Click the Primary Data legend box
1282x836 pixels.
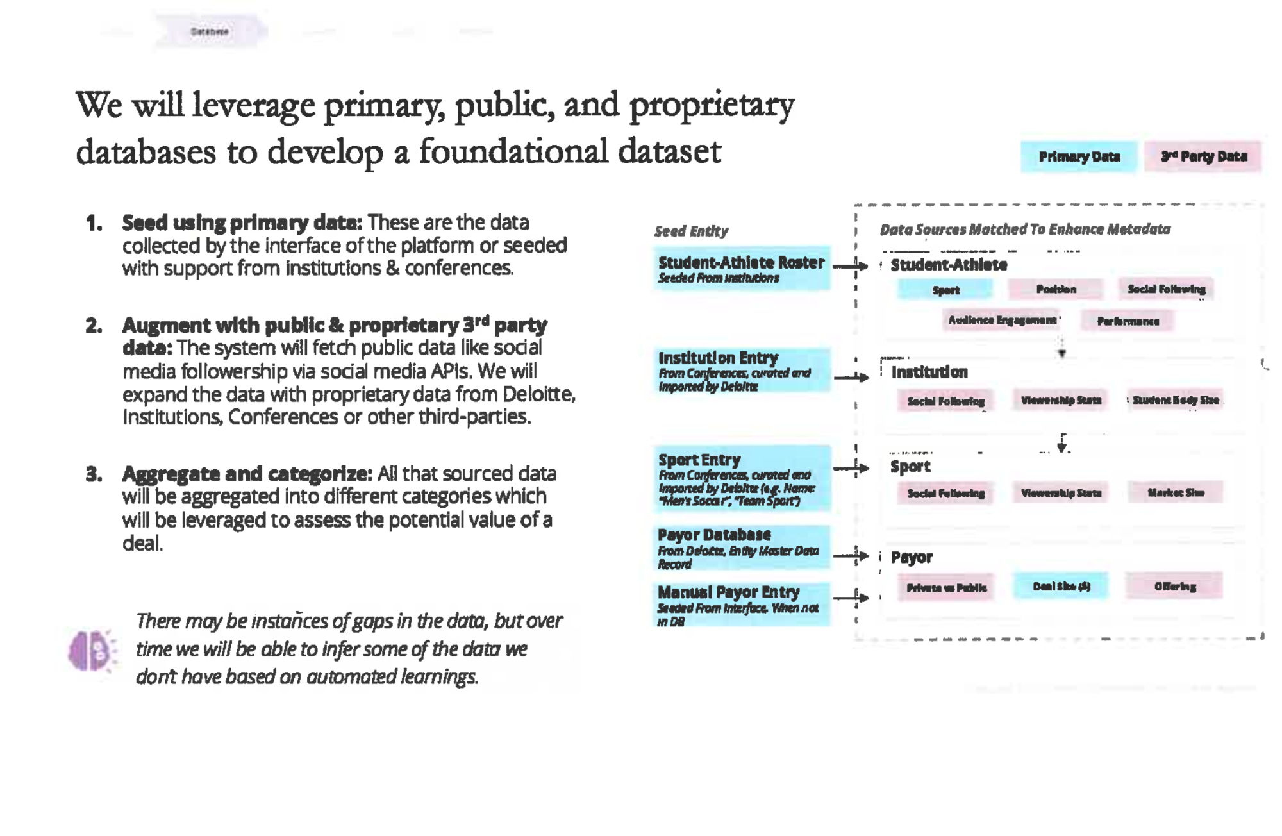1079,156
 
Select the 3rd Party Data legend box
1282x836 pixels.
1203,156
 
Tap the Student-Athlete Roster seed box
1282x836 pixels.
742,269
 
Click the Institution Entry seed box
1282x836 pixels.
742,371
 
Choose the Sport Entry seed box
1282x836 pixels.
742,479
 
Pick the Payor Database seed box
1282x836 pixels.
742,548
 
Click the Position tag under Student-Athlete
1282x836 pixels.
1056,289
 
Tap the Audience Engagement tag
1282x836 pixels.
1002,320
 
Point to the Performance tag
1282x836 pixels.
1128,321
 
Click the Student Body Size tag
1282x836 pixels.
1175,400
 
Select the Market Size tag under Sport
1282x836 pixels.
1175,493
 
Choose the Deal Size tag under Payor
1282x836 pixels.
1061,586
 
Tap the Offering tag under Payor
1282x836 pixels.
1174,587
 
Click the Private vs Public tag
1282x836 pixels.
946,587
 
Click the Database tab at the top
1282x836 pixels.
210,31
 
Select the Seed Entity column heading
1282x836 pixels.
691,231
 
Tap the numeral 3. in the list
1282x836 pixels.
94,474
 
